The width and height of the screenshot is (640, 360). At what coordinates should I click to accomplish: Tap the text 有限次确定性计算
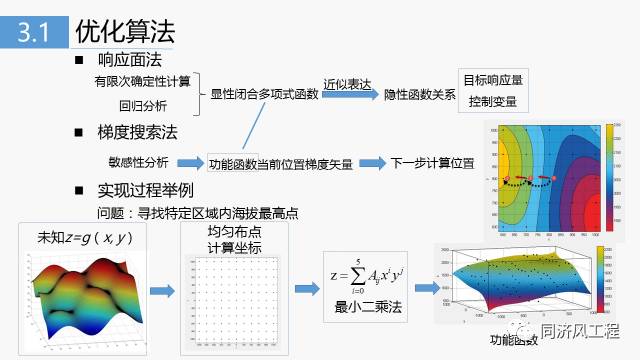click(x=142, y=80)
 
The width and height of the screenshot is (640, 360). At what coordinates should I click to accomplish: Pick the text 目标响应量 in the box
click(x=493, y=80)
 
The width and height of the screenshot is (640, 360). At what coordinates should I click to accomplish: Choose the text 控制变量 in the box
click(x=493, y=101)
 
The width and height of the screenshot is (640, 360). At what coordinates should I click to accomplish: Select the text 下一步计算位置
click(x=432, y=162)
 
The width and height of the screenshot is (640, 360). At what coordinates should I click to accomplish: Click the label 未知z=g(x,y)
click(x=85, y=238)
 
